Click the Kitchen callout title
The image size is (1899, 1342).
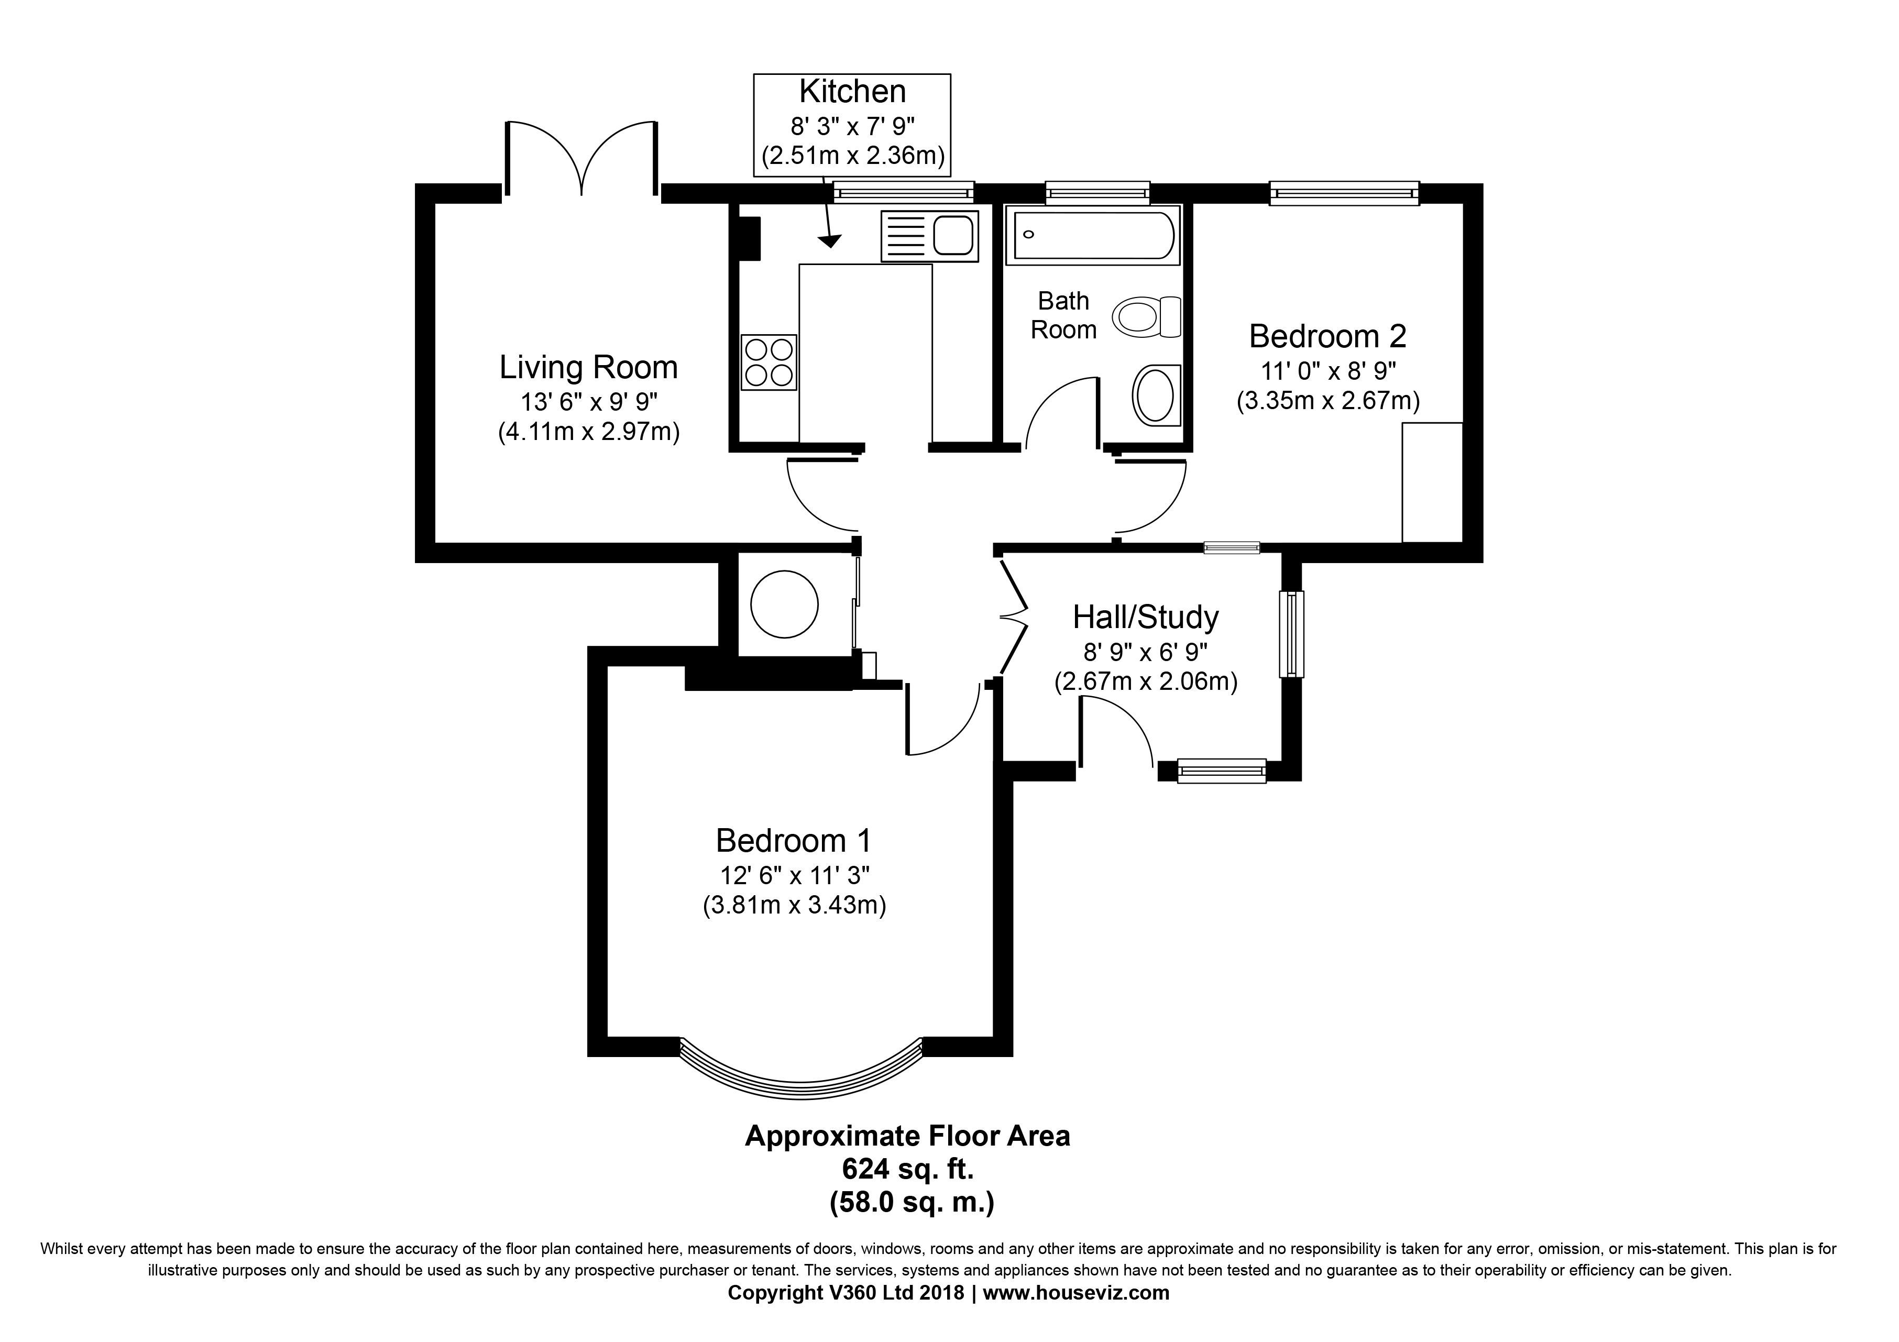[852, 92]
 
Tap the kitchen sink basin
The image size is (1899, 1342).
[953, 236]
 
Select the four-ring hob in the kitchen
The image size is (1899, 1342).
[769, 362]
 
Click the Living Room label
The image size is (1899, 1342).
[588, 367]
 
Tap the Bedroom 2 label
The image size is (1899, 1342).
[1327, 336]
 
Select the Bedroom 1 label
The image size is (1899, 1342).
[793, 841]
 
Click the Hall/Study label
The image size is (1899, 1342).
[1146, 618]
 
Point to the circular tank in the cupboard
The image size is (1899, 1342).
[784, 604]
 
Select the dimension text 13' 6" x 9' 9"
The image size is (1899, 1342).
[589, 403]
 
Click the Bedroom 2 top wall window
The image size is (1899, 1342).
[1344, 193]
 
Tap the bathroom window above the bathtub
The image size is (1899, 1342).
[1097, 193]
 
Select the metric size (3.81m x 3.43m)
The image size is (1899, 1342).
[794, 906]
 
